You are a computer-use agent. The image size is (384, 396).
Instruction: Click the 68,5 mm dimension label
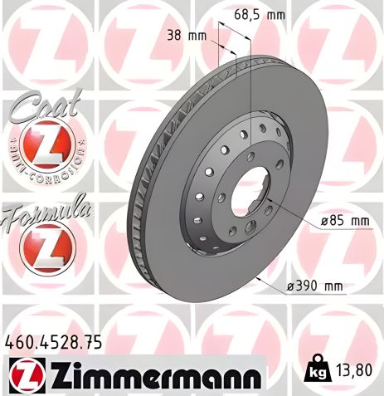[260, 15]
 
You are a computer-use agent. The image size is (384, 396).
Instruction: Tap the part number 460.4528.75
[56, 340]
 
